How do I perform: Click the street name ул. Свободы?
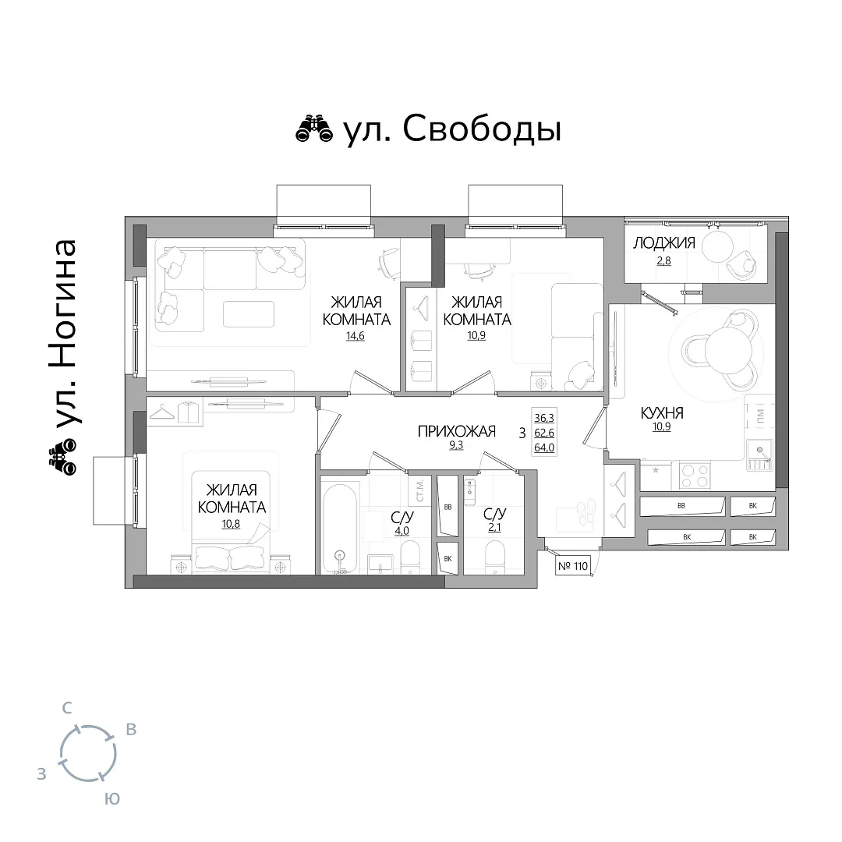pyautogui.click(x=453, y=130)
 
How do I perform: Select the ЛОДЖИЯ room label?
pyautogui.click(x=664, y=243)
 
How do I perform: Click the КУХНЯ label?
pyautogui.click(x=662, y=413)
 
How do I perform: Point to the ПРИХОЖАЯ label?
pyautogui.click(x=456, y=431)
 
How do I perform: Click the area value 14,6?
pyautogui.click(x=356, y=337)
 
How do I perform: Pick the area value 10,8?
pyautogui.click(x=231, y=524)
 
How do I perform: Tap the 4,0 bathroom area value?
pyautogui.click(x=402, y=531)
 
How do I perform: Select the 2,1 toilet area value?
pyautogui.click(x=494, y=527)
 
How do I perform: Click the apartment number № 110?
pyautogui.click(x=573, y=566)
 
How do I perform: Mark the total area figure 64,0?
pyautogui.click(x=544, y=448)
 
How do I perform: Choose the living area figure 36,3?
pyautogui.click(x=544, y=418)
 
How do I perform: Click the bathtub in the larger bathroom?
pyautogui.click(x=339, y=525)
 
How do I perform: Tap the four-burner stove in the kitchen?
pyautogui.click(x=695, y=476)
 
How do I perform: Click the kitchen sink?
pyautogui.click(x=759, y=455)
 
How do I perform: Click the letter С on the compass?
pyautogui.click(x=67, y=708)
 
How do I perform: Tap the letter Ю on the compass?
pyautogui.click(x=111, y=798)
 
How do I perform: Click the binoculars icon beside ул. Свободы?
pyautogui.click(x=314, y=129)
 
